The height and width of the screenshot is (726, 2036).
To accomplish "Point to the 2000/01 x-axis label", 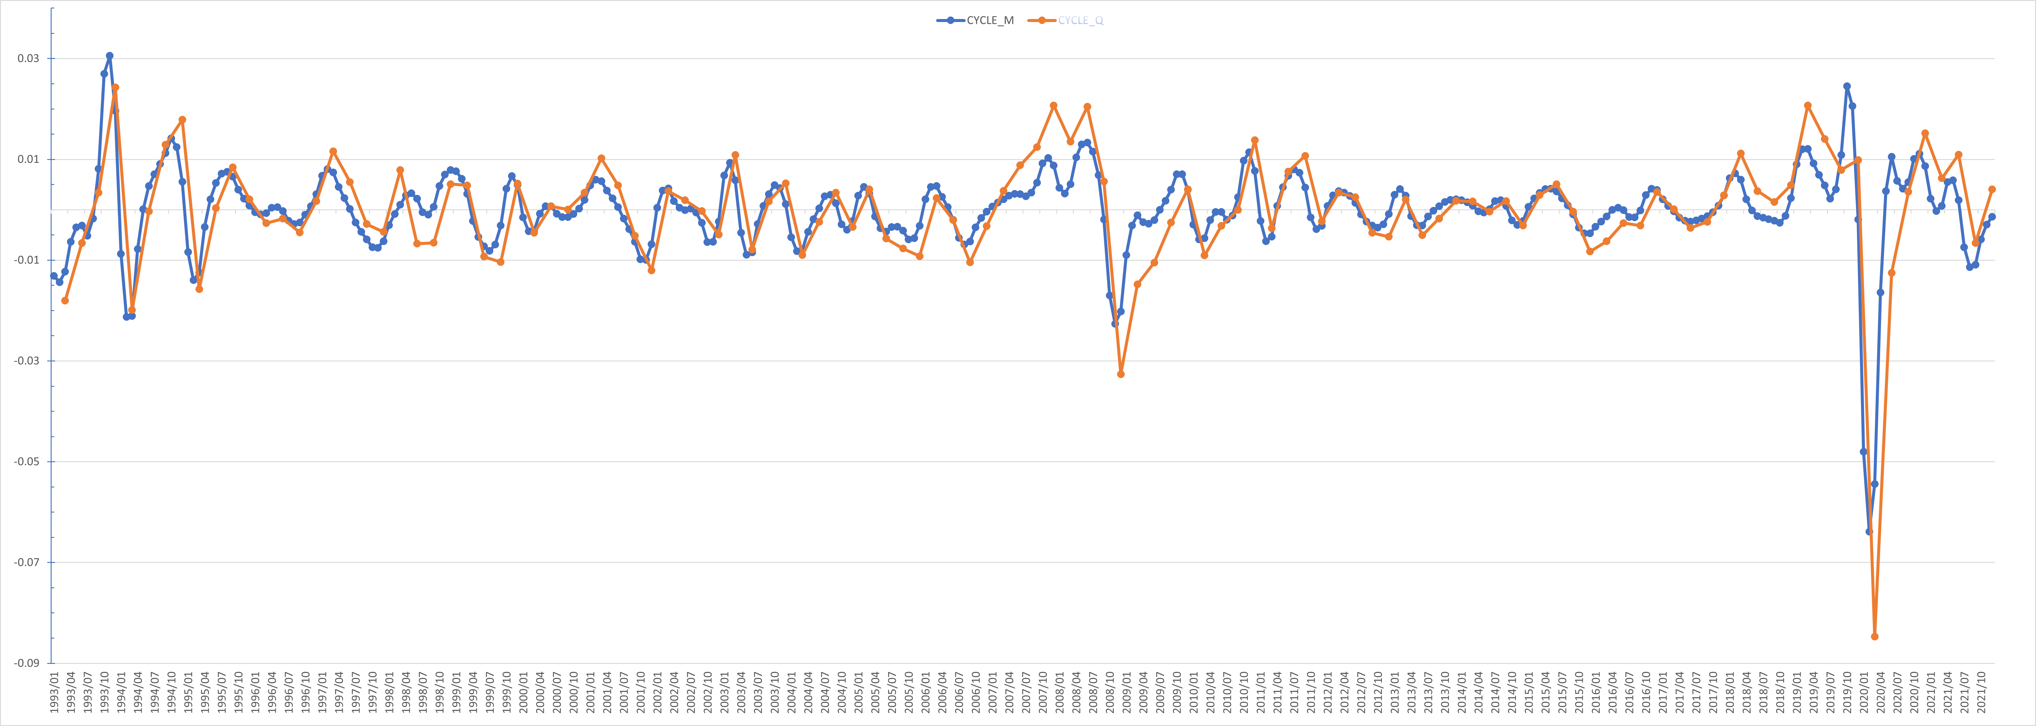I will tap(523, 693).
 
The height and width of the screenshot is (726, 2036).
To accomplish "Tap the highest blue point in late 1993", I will tap(110, 56).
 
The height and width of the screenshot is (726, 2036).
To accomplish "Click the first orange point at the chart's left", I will tap(65, 300).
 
